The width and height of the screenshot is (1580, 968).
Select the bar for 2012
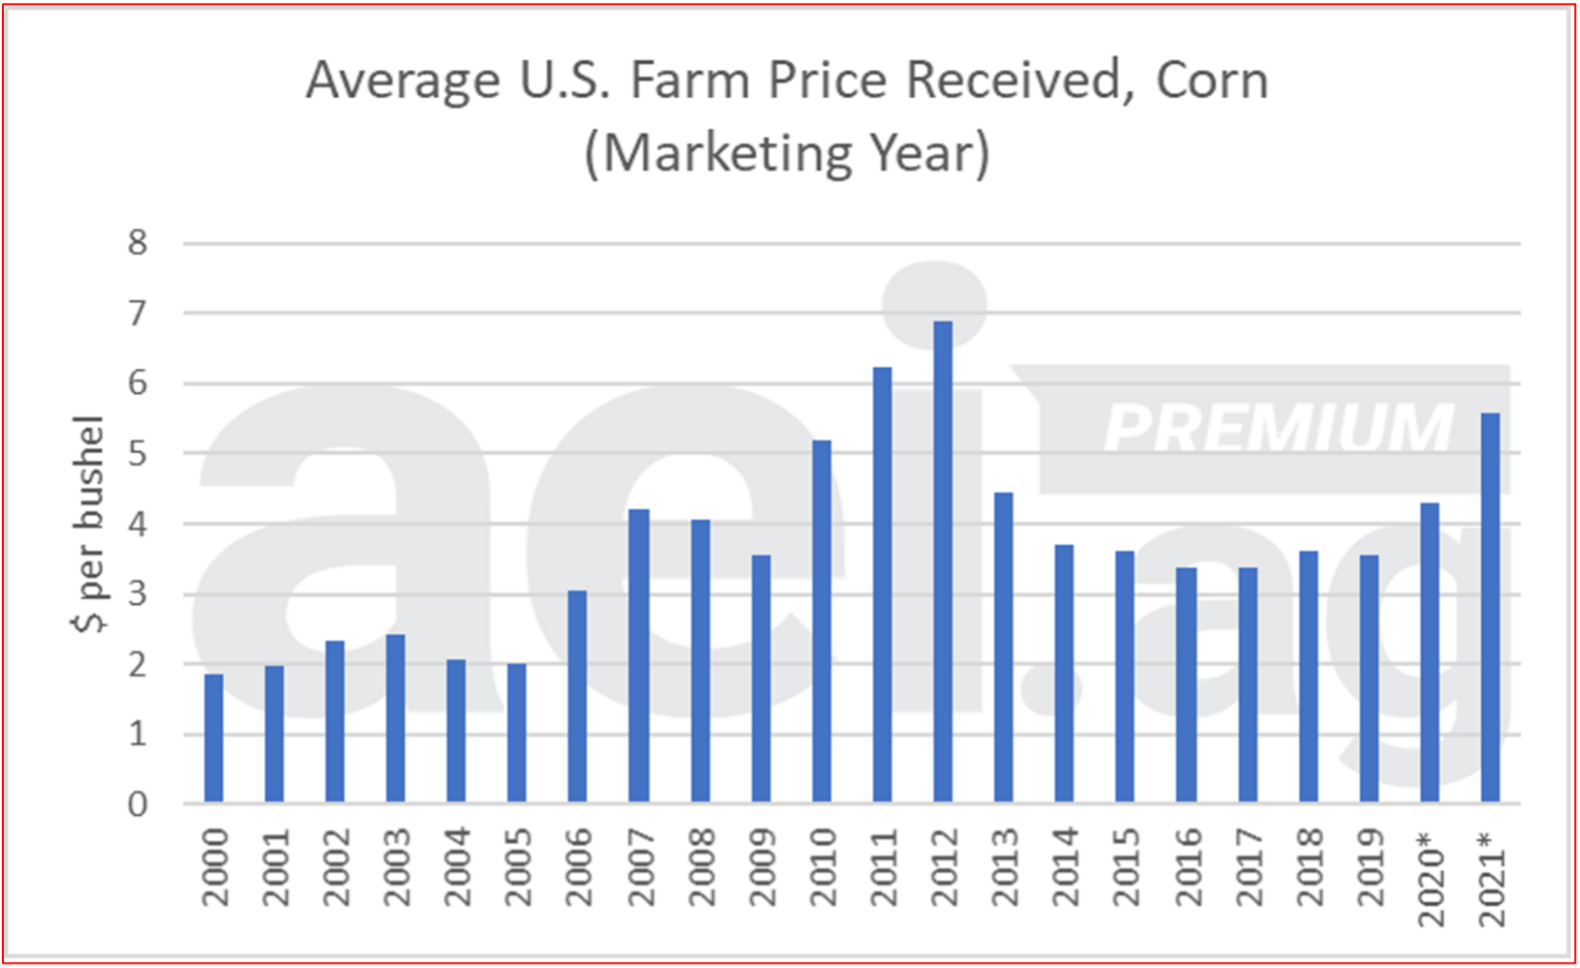[943, 562]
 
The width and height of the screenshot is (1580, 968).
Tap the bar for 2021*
[1490, 608]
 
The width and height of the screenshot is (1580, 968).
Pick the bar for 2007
[638, 656]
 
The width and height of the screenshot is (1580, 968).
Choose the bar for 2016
[1185, 685]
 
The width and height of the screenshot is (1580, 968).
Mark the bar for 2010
[822, 621]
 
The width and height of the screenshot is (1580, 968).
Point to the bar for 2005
[516, 733]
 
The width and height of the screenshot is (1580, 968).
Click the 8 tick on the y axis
[138, 243]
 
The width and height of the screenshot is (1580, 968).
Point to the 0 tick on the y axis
[138, 804]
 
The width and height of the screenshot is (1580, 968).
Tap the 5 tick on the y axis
[138, 453]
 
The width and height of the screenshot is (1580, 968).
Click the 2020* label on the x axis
[1430, 880]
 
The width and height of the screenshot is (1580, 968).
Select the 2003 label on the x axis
[395, 867]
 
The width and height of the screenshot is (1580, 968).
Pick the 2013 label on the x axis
[1004, 867]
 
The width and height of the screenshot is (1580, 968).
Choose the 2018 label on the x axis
[1308, 867]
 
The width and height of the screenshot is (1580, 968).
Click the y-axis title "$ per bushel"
[88, 524]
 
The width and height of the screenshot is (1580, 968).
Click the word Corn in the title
[1211, 81]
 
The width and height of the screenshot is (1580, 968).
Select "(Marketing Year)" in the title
[787, 154]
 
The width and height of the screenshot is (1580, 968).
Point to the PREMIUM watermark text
[1279, 428]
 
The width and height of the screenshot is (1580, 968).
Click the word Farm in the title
[689, 81]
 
